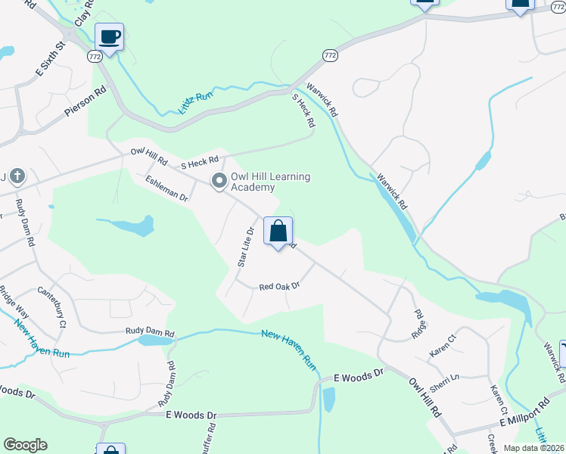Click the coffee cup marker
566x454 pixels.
(x=110, y=36)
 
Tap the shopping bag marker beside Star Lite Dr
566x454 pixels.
(x=278, y=231)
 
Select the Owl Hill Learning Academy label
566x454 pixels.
(x=270, y=182)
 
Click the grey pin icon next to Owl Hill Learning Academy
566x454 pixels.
(x=219, y=181)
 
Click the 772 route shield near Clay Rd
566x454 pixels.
(x=95, y=56)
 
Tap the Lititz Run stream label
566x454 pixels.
(x=196, y=102)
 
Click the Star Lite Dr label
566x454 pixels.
(x=244, y=246)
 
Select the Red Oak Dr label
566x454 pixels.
(x=280, y=287)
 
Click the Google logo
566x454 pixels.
(x=25, y=445)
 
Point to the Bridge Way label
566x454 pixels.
(x=13, y=303)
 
